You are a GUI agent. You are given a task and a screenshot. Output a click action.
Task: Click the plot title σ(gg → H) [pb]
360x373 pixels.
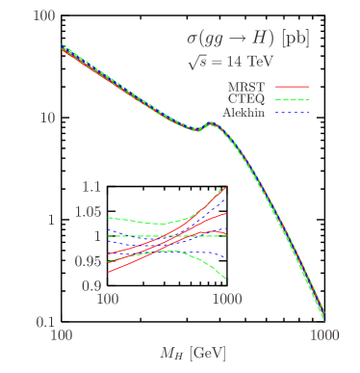[247, 39]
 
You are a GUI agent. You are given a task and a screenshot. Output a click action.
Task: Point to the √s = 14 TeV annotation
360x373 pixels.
[231, 61]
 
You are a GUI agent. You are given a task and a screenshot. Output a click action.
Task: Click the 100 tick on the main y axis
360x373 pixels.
[40, 17]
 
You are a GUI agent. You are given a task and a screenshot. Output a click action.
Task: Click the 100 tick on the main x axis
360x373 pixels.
[61, 334]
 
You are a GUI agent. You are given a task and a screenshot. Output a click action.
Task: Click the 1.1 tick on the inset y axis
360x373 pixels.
[91, 186]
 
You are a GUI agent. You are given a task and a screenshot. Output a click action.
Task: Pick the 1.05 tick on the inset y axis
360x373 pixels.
[89, 212]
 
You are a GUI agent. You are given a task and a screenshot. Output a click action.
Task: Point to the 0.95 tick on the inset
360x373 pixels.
[89, 261]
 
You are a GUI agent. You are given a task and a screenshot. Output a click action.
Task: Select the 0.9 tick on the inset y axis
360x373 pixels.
[91, 286]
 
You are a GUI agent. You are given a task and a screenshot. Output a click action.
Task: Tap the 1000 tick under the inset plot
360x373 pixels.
[225, 300]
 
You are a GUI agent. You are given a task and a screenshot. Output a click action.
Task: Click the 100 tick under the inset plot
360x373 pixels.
[108, 300]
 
